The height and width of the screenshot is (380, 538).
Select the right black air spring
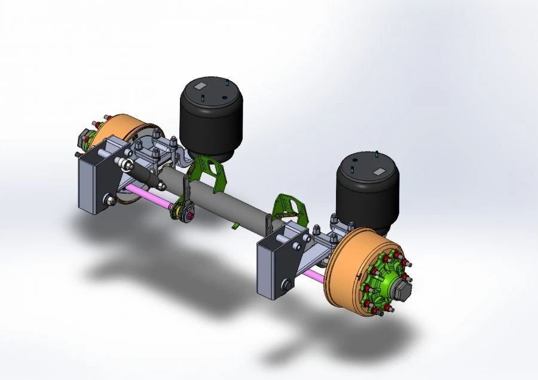(x=366, y=192)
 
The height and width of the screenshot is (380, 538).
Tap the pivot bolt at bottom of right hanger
(x=285, y=286)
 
